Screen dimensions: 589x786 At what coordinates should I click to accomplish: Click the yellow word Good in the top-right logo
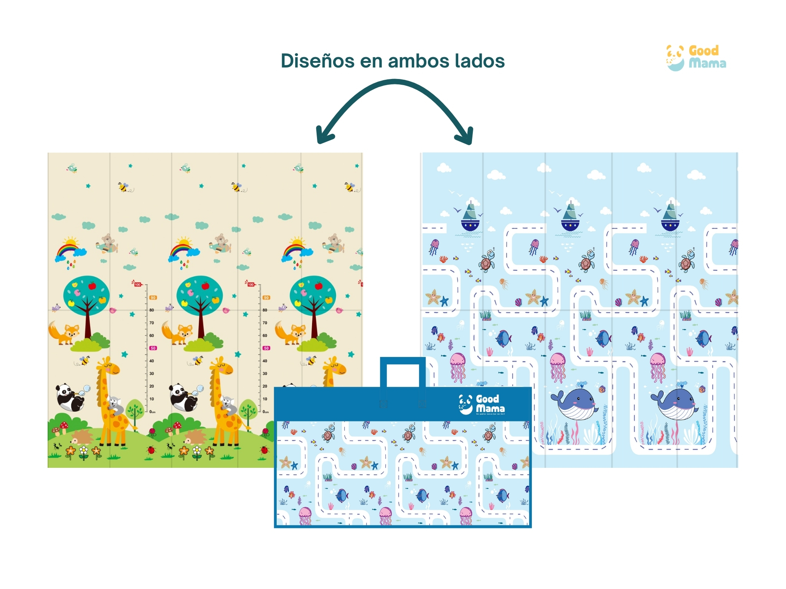coord(703,51)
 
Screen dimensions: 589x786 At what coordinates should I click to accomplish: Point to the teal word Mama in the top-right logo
coord(707,63)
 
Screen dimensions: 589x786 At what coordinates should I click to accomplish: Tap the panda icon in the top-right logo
coord(675,58)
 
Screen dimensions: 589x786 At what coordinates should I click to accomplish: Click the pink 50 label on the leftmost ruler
coord(153,348)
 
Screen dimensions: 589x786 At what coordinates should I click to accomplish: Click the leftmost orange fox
coord(64,333)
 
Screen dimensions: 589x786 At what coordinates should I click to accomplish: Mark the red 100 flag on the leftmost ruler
coord(137,284)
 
